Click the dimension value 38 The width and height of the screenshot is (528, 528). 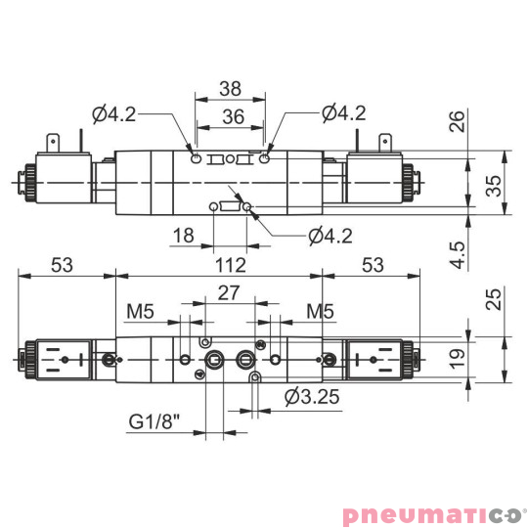pyautogui.click(x=230, y=87)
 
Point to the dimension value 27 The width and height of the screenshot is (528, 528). pyautogui.click(x=228, y=291)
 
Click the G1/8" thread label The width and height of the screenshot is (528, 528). pyautogui.click(x=154, y=423)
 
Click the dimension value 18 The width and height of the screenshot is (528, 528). pyautogui.click(x=181, y=236)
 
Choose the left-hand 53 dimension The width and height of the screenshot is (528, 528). pyautogui.click(x=63, y=265)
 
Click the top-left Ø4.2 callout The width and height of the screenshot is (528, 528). pyautogui.click(x=114, y=113)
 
